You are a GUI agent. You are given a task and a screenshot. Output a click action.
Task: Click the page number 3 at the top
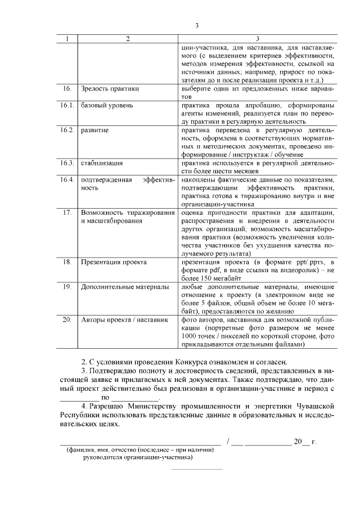pos(197,25)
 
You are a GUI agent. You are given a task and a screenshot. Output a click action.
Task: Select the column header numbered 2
pos(128,39)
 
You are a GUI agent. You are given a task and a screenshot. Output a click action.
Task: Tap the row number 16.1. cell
pos(67,106)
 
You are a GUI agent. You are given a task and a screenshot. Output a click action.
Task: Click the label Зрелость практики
pos(110,89)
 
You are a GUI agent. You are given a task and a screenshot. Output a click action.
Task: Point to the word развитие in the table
pos(95,130)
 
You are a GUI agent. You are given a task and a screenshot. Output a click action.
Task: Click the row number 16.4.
pos(67,179)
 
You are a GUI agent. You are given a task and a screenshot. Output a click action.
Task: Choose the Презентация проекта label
pos(114,262)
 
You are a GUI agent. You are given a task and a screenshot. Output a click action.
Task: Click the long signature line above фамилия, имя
pos(141,444)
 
